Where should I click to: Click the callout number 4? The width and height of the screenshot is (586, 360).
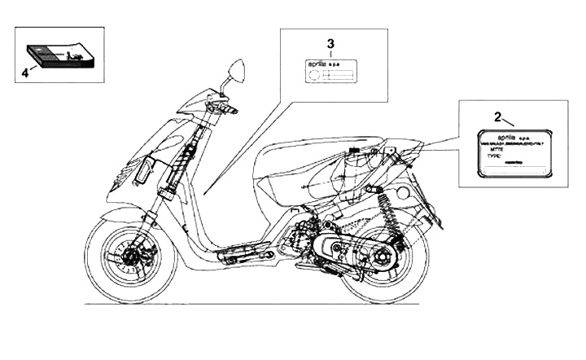[24, 72]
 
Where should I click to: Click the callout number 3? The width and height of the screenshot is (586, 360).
[330, 42]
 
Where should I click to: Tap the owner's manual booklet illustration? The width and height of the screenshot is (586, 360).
[62, 55]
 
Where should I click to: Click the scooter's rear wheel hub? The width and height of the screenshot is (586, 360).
[380, 259]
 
